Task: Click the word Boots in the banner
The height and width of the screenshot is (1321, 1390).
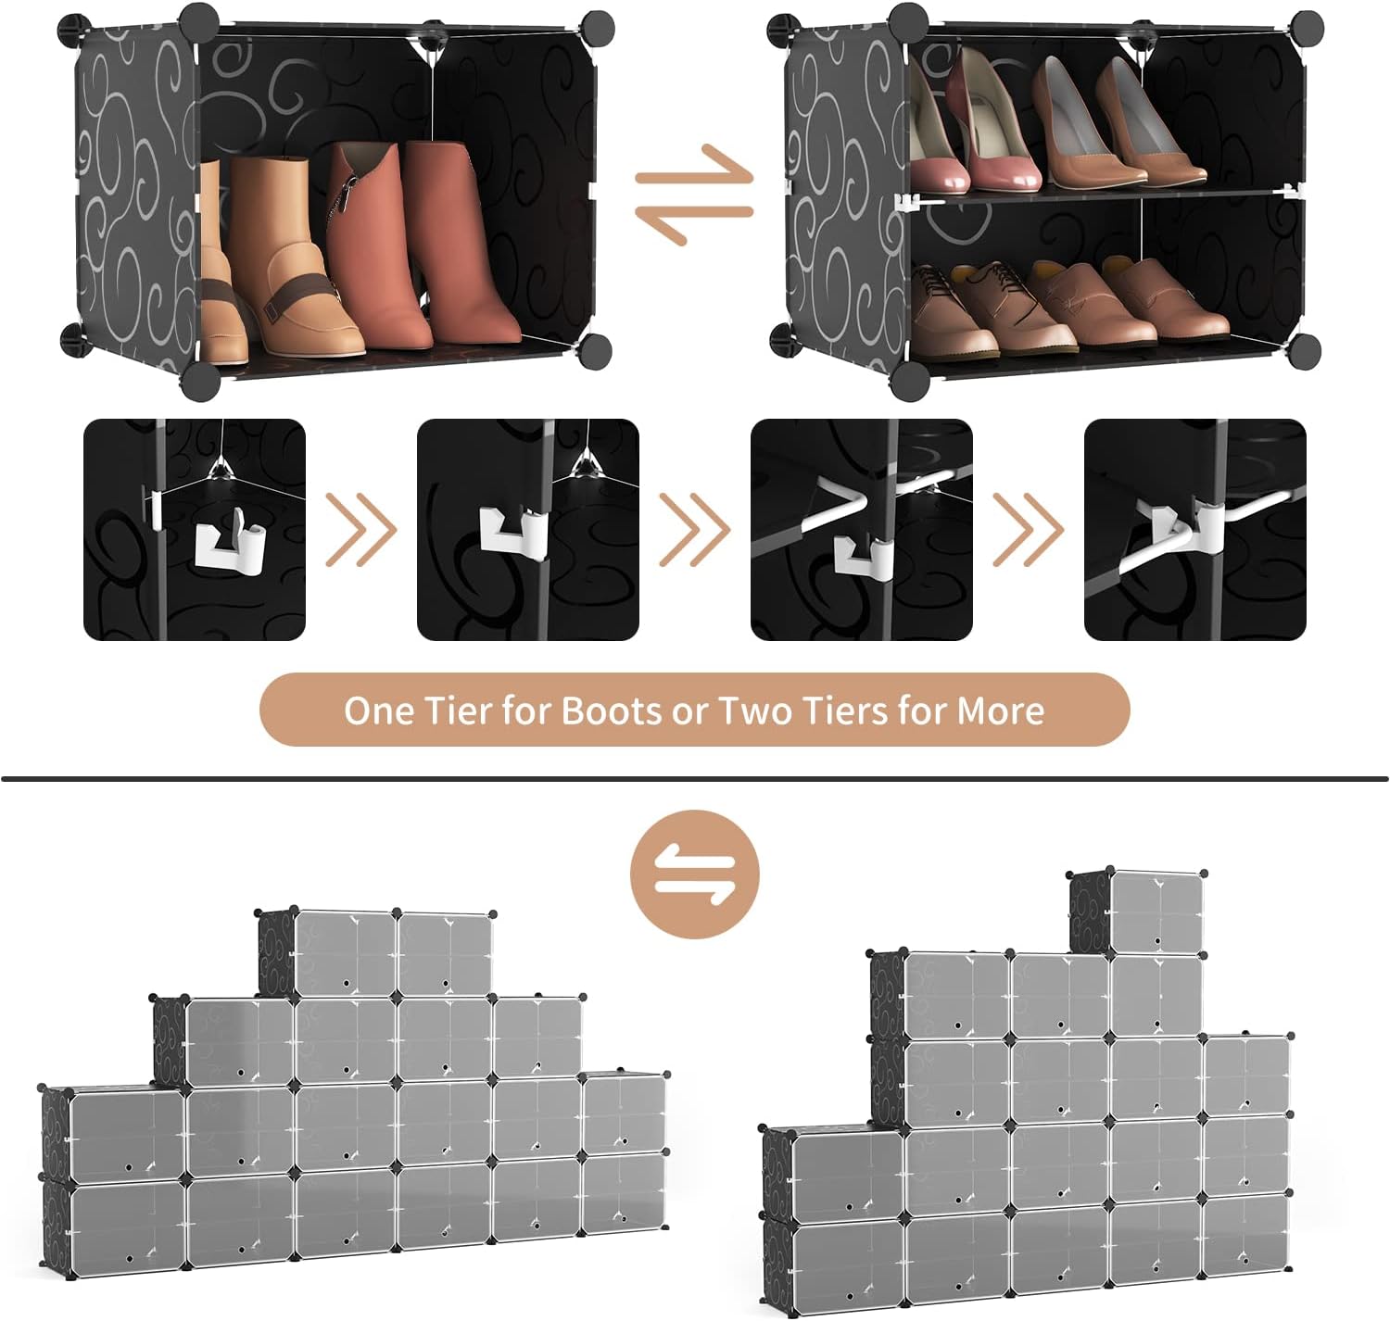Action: click(612, 711)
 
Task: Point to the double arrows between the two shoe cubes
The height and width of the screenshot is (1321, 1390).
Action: click(694, 195)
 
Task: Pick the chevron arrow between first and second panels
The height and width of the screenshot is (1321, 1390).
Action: click(360, 530)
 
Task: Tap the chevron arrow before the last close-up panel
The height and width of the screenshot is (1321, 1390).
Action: click(1028, 530)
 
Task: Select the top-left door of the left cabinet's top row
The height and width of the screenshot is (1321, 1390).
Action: click(345, 954)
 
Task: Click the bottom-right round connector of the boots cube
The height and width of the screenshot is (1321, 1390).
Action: click(595, 350)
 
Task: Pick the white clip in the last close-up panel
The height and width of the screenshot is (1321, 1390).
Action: click(1188, 529)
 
